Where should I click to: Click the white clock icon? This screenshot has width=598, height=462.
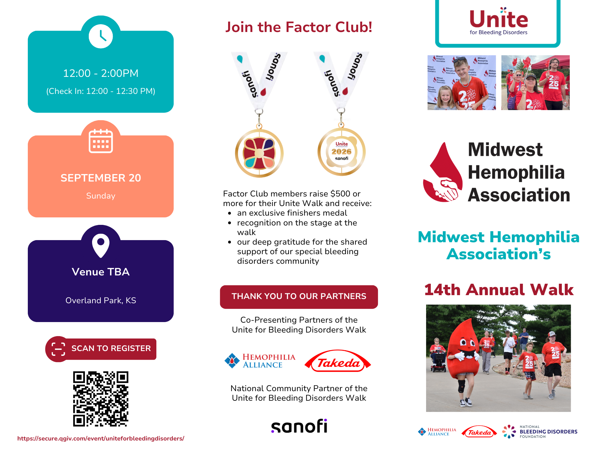point(101,36)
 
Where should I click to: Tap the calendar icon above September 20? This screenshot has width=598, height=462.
point(101,141)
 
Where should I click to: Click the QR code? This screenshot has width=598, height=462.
point(101,399)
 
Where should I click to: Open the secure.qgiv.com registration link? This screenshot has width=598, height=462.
point(101,438)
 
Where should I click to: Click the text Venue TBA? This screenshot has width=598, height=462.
point(101,272)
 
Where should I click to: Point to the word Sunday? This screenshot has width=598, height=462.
point(101,196)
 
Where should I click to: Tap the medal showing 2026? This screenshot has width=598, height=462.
point(341,152)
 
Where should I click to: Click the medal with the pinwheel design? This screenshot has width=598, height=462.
point(259,153)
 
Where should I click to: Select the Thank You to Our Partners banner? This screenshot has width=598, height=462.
point(299,297)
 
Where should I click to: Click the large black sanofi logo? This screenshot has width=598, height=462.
point(299,426)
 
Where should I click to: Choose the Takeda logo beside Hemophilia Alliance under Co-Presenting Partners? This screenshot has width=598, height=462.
point(338,361)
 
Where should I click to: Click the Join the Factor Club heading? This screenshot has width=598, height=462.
point(299,27)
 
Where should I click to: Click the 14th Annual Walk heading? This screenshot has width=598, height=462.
point(499,290)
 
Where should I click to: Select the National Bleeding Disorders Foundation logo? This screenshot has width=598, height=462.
point(540,432)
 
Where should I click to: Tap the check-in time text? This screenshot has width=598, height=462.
point(101,91)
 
